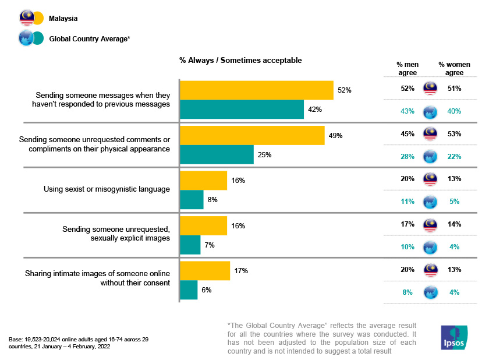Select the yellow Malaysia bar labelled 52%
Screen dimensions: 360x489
(256, 90)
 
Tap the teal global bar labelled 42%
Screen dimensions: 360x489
(242, 110)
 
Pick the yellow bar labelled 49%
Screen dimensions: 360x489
(252, 135)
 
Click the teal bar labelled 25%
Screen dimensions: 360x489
(217, 154)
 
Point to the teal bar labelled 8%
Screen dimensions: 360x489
(192, 200)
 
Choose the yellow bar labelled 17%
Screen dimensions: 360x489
(205, 270)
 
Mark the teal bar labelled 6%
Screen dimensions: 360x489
(189, 290)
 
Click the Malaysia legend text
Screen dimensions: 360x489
(63, 19)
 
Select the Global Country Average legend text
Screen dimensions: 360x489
(89, 38)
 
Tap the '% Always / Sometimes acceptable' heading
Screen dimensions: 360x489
(240, 60)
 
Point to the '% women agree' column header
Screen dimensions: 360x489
(454, 68)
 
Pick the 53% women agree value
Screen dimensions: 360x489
(454, 134)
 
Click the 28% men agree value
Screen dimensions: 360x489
(407, 156)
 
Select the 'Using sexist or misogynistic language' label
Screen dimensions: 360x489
(107, 189)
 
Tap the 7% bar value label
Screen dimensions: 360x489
(209, 245)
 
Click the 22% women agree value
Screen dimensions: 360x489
(454, 156)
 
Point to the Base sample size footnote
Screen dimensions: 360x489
(78, 343)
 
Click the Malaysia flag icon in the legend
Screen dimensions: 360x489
(27, 19)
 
